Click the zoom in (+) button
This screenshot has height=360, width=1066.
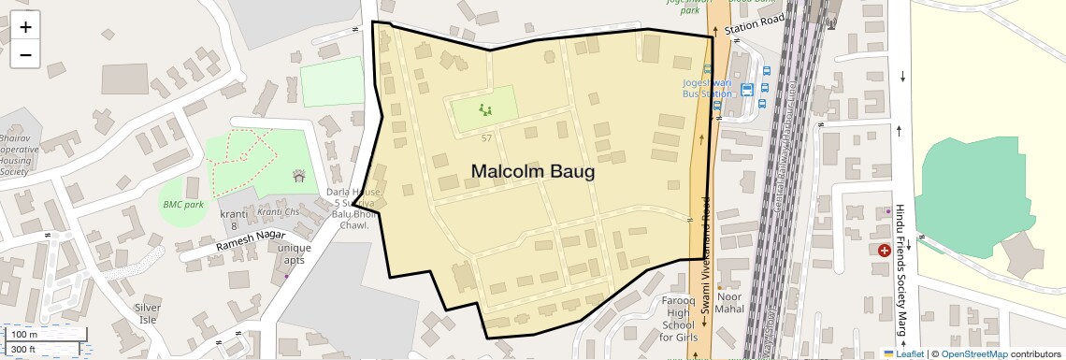(25, 26)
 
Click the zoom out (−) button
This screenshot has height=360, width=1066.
(25, 54)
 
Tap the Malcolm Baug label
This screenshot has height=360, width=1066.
(532, 172)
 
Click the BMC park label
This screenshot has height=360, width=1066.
(182, 204)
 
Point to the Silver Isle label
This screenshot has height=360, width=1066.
(148, 313)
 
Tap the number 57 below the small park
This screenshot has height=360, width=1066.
(486, 138)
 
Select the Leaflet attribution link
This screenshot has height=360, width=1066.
(904, 353)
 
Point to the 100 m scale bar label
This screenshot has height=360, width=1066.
(24, 334)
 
